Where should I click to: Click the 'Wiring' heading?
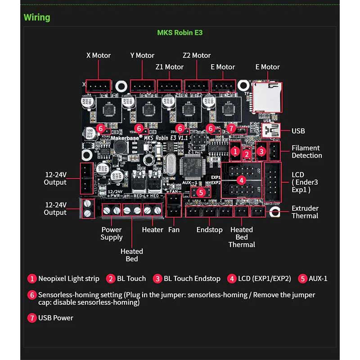coord(37,18)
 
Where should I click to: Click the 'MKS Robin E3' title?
coord(180,33)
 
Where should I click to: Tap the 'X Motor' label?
coord(98,55)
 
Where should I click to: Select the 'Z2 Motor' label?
coord(197,55)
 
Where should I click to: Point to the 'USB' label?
coord(298,131)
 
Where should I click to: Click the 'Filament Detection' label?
coord(306,152)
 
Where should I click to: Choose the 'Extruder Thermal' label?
coord(305,212)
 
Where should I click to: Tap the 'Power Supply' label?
coord(112,233)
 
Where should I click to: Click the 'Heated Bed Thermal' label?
coord(242,237)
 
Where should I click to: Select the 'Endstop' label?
coord(209,229)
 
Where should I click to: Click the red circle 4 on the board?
coord(242,180)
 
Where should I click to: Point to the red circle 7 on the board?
coord(231,129)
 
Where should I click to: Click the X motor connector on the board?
coord(98,86)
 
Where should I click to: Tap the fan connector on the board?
coord(173,209)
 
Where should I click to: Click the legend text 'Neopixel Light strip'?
coord(68,279)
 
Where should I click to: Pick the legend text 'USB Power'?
coord(55,318)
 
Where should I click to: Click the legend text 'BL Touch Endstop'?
coord(192,279)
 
